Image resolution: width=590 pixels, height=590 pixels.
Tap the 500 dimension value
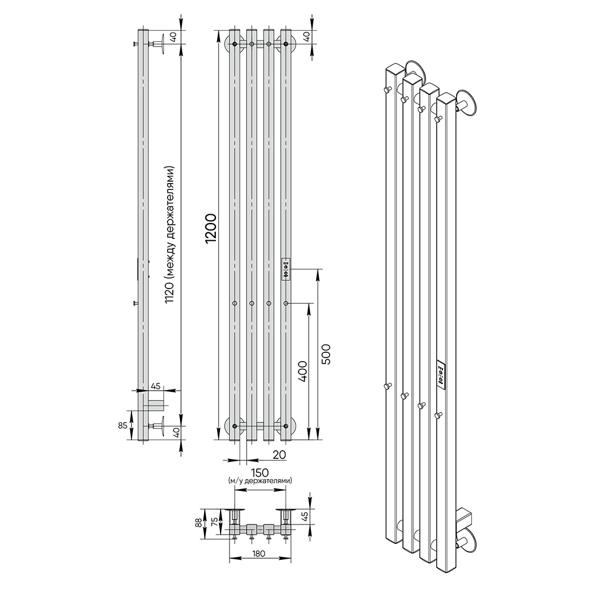pos(326,354)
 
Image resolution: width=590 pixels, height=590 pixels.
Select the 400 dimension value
pos(303,371)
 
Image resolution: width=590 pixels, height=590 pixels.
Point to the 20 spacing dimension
pos(279,454)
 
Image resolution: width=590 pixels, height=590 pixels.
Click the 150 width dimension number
pos(260,472)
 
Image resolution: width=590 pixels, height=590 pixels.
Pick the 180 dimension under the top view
pos(259,553)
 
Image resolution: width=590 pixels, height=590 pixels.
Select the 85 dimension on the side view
pos(122,425)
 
